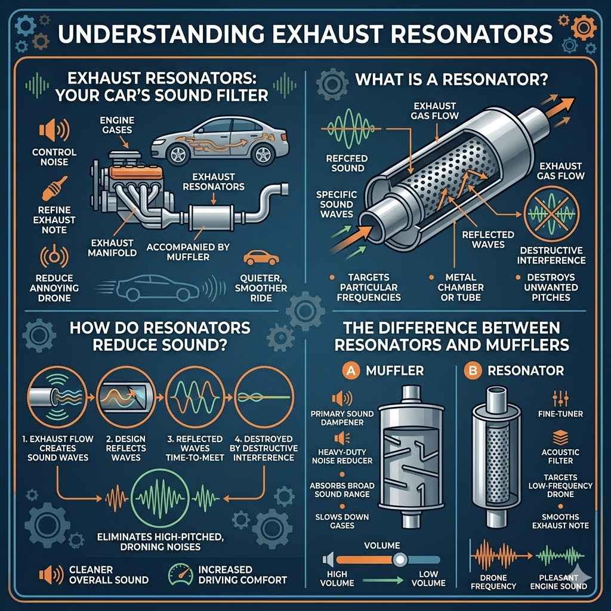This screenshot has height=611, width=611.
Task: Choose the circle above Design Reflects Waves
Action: pyautogui.click(x=118, y=397)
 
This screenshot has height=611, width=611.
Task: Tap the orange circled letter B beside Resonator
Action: pyautogui.click(x=474, y=370)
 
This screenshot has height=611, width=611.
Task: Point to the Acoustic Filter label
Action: pyautogui.click(x=560, y=456)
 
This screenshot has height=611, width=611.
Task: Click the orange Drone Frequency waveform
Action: pyautogui.click(x=492, y=557)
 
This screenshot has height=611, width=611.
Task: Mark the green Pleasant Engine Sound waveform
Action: pyautogui.click(x=561, y=557)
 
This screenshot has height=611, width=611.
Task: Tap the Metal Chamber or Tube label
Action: pyautogui.click(x=460, y=286)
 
